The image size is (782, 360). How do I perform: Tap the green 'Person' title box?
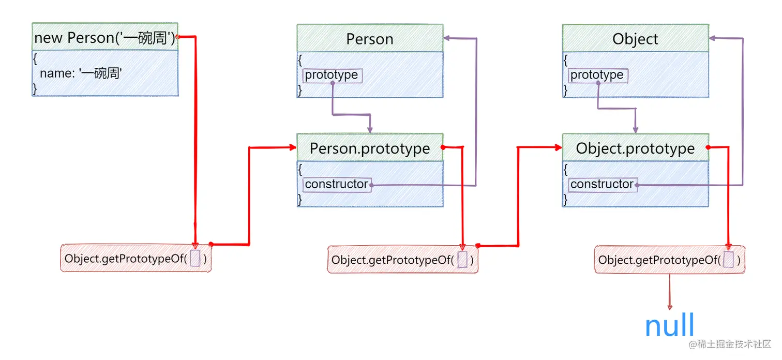tap(370, 39)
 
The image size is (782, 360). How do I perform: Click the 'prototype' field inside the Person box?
tap(332, 75)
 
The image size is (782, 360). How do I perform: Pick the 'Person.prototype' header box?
tap(370, 148)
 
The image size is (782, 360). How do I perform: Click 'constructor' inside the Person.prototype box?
tap(337, 184)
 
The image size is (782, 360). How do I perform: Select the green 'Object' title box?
tap(635, 39)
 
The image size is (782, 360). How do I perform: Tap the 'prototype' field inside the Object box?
tap(597, 75)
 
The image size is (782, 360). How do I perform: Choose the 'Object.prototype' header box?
tap(635, 148)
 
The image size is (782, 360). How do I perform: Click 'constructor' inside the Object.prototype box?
tap(602, 184)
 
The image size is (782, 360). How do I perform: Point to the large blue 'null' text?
tap(669, 326)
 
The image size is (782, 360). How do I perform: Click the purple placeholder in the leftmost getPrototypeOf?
tap(195, 259)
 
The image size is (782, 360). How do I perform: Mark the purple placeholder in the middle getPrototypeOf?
tap(462, 260)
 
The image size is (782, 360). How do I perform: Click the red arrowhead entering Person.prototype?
tap(293, 148)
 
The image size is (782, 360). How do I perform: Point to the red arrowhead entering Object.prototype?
tap(558, 148)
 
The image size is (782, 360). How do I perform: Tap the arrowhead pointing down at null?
tap(670, 307)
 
